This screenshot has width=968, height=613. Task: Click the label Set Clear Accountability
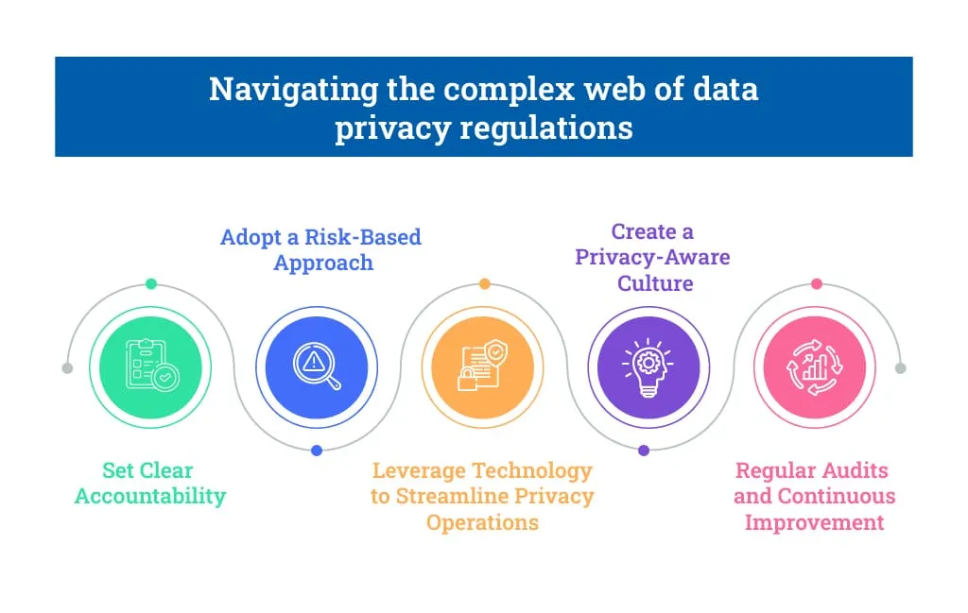tap(150, 483)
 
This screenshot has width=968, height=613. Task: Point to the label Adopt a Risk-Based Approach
tap(321, 249)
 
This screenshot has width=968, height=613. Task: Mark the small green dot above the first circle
tap(150, 283)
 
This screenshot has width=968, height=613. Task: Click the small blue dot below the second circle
tap(317, 451)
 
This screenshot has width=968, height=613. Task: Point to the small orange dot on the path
tap(484, 283)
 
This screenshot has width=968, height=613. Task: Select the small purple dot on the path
tap(644, 451)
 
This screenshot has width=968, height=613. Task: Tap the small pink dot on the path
tap(816, 283)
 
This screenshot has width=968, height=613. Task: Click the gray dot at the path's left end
tap(67, 367)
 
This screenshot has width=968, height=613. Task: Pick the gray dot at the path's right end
tap(900, 367)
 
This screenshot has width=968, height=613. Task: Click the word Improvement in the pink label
tap(815, 521)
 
